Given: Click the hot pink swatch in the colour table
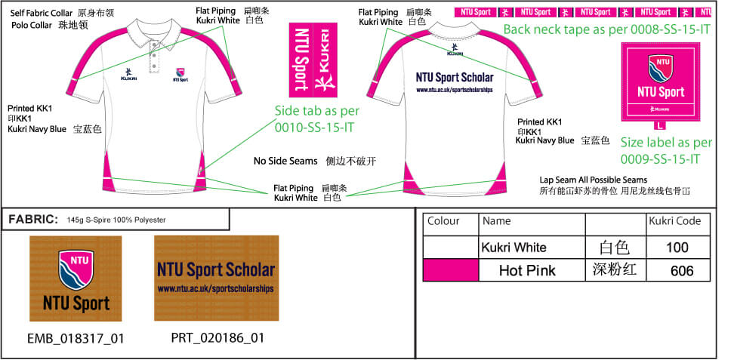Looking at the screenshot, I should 451,270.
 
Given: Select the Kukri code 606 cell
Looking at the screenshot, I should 681,271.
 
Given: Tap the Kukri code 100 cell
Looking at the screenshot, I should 677,248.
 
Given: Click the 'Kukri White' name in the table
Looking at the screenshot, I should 514,248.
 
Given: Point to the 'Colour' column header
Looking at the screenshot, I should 443,221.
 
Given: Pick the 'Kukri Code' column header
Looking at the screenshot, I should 675,221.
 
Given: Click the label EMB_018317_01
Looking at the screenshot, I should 75,338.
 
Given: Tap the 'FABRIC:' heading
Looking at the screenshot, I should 33,220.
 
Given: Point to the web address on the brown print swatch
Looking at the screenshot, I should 215,289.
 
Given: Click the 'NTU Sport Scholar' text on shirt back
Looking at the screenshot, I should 454,77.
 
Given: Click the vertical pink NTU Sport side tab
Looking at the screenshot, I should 310,57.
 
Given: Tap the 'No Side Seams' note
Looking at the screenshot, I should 284,162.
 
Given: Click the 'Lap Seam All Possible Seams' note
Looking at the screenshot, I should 594,180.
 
